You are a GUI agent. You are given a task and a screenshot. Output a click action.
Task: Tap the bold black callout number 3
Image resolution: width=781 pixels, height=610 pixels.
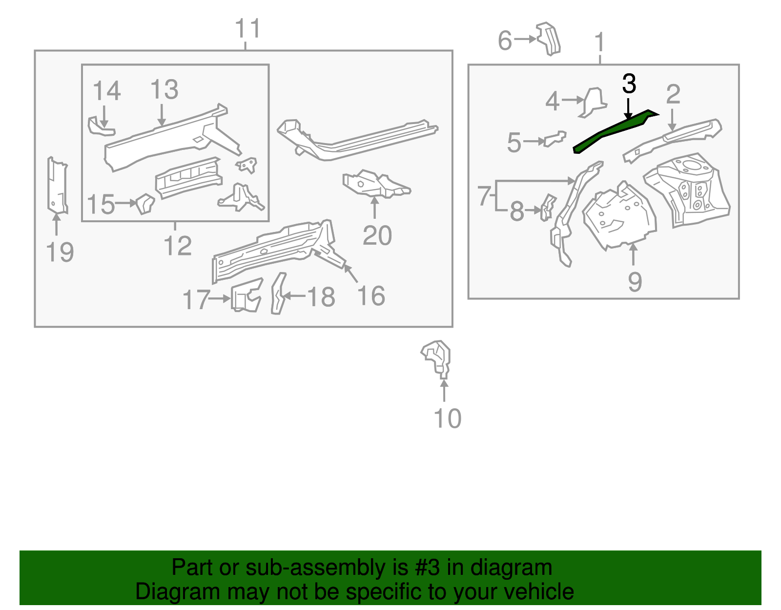(629, 84)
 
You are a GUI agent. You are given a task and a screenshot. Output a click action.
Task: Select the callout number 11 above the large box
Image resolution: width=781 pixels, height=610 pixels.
(248, 29)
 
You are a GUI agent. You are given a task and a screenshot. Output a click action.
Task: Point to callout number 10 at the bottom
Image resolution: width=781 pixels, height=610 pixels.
(447, 419)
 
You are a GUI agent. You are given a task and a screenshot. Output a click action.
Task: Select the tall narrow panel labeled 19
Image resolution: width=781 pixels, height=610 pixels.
(57, 186)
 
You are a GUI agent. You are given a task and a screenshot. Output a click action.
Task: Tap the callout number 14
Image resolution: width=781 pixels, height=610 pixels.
(106, 91)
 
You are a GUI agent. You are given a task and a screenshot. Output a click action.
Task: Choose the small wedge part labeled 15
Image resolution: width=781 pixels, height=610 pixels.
(145, 203)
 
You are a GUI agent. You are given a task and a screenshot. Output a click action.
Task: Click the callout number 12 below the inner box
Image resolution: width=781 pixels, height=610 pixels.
(178, 246)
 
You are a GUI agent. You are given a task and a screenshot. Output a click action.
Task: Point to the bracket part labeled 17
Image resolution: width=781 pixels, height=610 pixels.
(246, 295)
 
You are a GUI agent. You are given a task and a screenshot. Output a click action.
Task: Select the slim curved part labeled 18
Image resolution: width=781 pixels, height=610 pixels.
(278, 293)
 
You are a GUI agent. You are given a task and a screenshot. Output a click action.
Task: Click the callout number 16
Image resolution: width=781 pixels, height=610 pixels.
(371, 296)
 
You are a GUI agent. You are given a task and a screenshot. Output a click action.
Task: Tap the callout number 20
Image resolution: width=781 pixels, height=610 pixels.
(377, 236)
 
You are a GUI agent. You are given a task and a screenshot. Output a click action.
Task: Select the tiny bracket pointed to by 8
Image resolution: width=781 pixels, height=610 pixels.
(547, 207)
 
